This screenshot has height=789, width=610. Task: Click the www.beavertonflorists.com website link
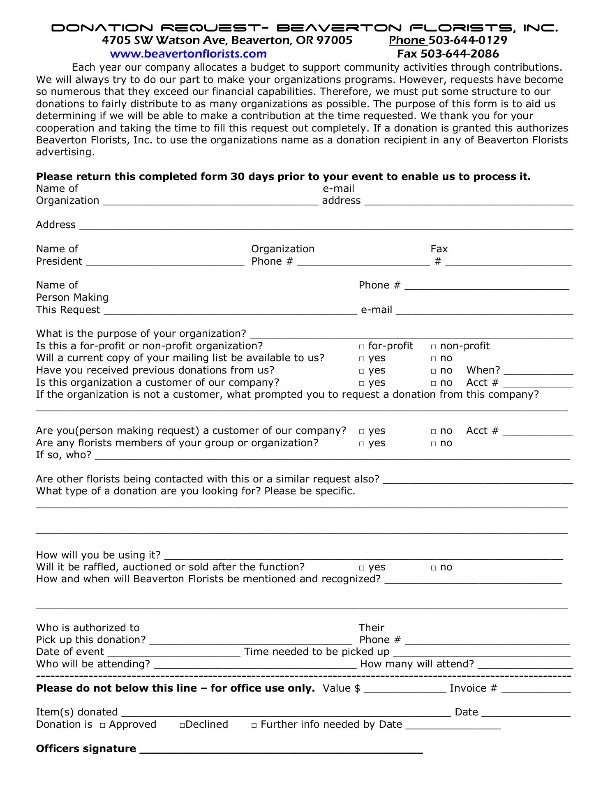tap(188, 54)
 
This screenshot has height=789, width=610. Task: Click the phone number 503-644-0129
tap(468, 40)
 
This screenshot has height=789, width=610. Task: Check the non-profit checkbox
tap(433, 347)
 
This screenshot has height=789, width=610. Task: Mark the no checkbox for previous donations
tap(433, 371)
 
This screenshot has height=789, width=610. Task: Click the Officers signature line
tap(281, 750)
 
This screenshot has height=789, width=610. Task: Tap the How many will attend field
tap(525, 666)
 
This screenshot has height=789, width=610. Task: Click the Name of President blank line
tap(165, 263)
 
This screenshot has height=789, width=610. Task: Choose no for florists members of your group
tap(433, 444)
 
